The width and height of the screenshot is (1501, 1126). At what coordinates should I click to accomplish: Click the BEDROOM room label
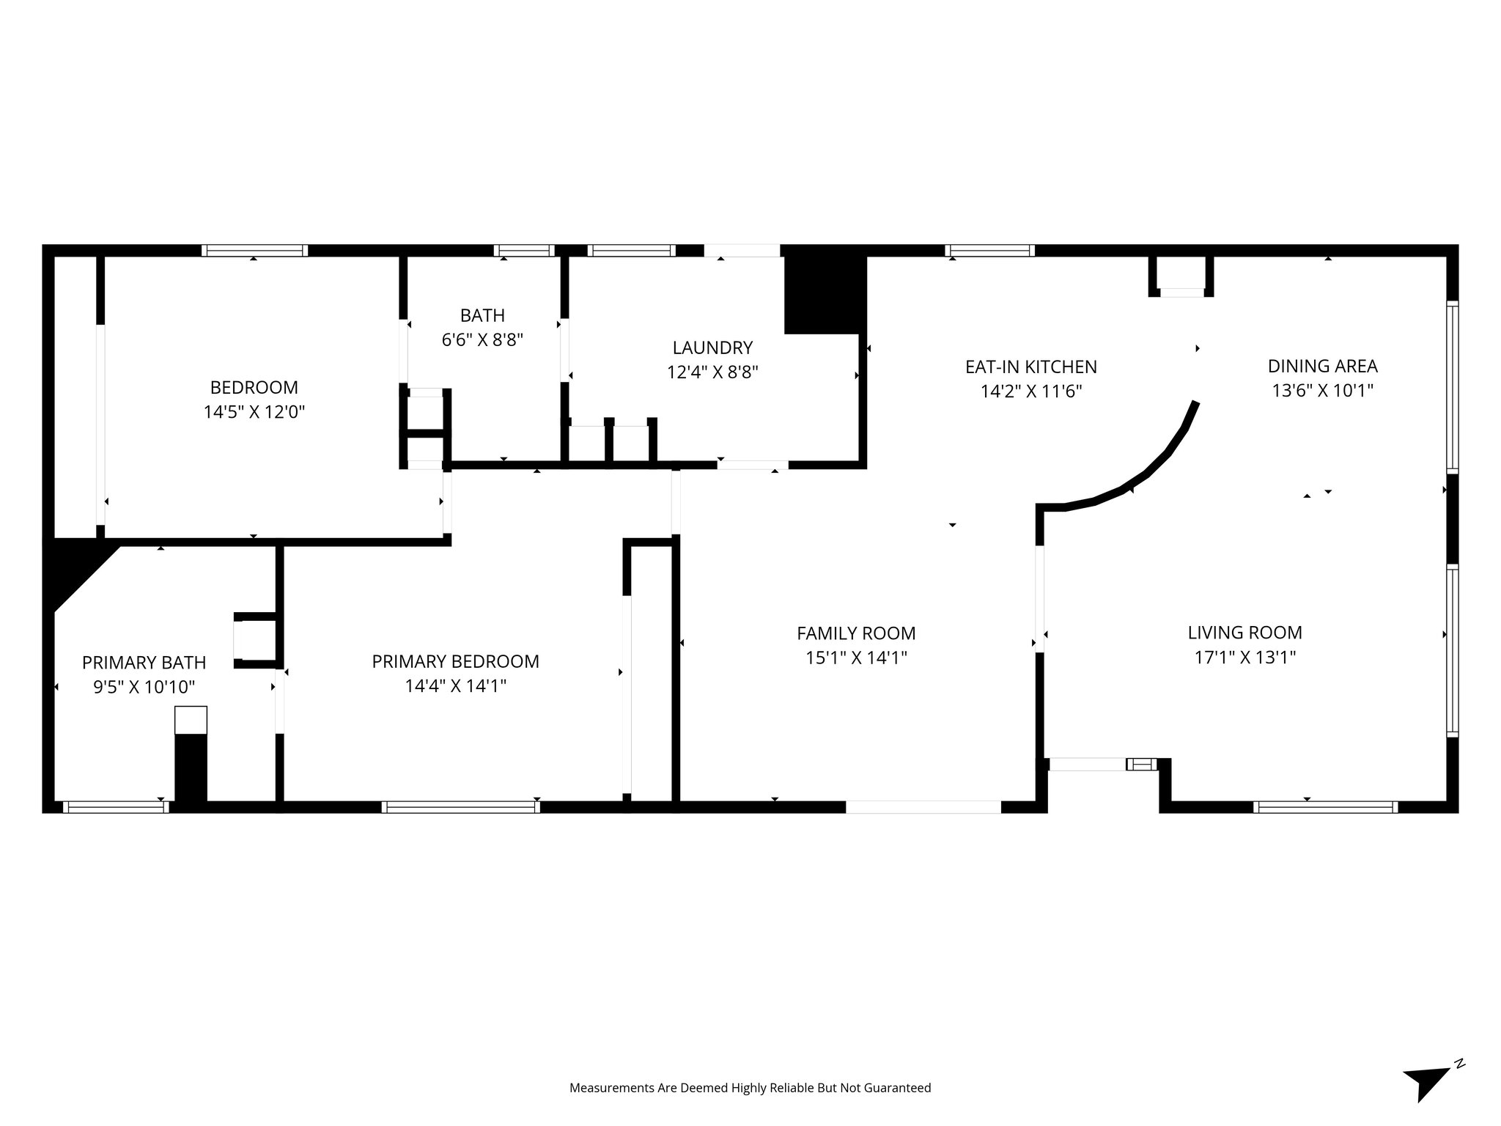point(254,387)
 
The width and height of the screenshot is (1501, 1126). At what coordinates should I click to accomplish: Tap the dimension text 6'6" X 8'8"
point(482,340)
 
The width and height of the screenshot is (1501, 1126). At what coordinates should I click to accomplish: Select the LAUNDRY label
point(712,347)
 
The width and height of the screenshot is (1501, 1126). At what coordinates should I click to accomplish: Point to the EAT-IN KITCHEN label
point(1030,367)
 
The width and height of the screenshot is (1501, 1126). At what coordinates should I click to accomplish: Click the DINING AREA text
point(1322,366)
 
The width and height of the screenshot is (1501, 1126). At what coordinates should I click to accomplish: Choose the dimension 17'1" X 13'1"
point(1244,658)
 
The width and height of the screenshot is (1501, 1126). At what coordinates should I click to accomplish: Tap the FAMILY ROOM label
point(856,633)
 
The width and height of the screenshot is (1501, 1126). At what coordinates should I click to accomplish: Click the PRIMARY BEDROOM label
point(455,661)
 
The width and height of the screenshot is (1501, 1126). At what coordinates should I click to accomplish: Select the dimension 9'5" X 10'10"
point(144,687)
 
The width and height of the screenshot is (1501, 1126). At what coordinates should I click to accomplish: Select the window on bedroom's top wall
point(254,251)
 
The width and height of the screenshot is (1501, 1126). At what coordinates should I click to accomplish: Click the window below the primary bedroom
point(460,807)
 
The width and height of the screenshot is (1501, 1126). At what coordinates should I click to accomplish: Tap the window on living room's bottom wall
point(1324,807)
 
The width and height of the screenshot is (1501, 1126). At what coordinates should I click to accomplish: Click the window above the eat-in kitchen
point(989,251)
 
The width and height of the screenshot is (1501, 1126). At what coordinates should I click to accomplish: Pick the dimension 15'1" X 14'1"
point(856,658)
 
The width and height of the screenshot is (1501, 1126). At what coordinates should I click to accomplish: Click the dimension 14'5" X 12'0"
point(254,412)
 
